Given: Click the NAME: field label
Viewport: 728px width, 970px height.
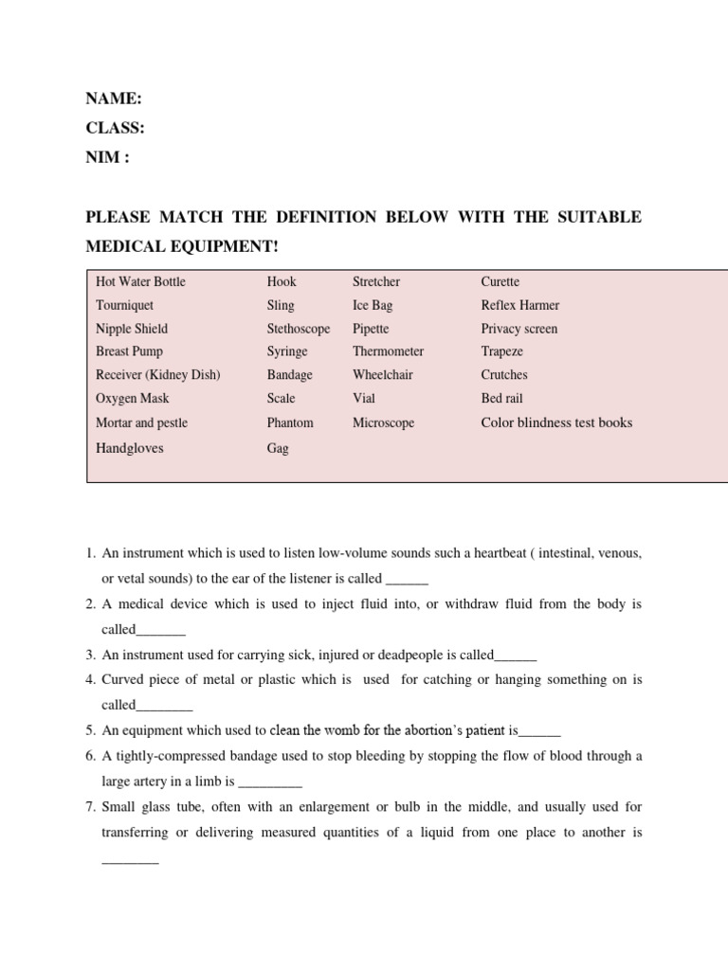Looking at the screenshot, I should coord(114,99).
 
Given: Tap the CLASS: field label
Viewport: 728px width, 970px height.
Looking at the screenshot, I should coord(116,128).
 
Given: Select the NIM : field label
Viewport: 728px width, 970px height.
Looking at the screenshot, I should coord(108,157).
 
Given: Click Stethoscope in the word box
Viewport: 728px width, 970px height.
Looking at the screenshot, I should coord(299,329).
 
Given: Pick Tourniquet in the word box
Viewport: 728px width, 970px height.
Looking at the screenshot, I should coord(124,305).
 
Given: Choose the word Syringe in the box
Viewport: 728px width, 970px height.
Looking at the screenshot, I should coord(287,351).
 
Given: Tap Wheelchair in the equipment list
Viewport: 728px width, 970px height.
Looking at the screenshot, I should coord(383,375).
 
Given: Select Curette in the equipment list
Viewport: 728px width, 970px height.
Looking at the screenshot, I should coord(500,281).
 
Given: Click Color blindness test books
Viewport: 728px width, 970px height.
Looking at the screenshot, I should coord(556,422).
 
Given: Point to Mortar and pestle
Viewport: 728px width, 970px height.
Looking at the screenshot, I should coord(142,422).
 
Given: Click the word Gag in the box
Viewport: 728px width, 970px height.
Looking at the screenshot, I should coord(278,448).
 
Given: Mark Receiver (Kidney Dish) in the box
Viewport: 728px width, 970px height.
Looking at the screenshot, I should coord(158,375).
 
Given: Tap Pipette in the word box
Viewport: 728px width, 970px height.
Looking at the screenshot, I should coord(371,329).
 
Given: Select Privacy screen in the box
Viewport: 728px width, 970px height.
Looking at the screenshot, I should coord(519,329).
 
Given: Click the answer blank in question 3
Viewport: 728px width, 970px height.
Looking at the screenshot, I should coord(516,656).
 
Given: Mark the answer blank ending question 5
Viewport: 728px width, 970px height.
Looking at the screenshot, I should coord(540,731).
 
